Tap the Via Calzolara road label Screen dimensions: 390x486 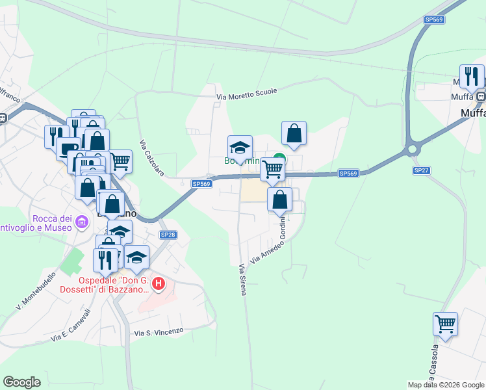point(152,159)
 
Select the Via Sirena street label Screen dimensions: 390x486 point(242,279)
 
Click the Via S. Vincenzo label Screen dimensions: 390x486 point(159,332)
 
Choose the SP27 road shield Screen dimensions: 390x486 point(421,170)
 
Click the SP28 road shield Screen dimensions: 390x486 point(168,235)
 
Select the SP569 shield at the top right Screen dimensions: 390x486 point(434,20)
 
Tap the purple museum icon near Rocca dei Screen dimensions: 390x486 point(81,222)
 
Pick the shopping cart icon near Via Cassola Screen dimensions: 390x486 point(445,324)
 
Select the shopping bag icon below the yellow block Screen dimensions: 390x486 point(279,200)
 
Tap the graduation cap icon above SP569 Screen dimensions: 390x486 point(240,147)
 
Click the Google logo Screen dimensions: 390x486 point(21,382)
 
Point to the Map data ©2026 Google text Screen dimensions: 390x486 point(446,385)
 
